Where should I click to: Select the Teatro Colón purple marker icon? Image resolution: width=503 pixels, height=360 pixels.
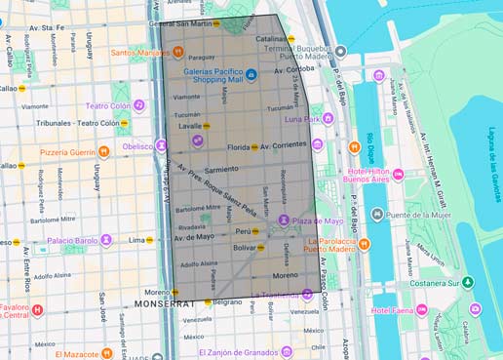pyautogui.click(x=139, y=105)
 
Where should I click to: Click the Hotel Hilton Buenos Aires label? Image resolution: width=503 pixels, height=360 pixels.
pyautogui.click(x=364, y=177)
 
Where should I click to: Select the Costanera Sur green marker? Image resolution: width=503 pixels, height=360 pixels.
pyautogui.click(x=468, y=282)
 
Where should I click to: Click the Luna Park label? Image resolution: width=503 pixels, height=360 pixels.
pyautogui.click(x=301, y=119)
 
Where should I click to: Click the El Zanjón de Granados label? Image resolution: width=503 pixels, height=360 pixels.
pyautogui.click(x=237, y=351)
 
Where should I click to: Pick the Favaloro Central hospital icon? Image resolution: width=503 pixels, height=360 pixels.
pyautogui.click(x=37, y=310)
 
